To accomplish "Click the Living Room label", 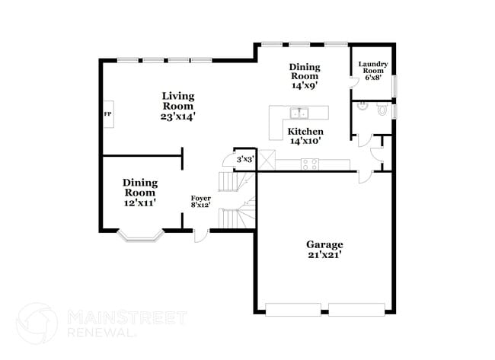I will click(x=177, y=107).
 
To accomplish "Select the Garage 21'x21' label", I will click(x=324, y=250).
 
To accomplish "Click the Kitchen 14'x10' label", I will click(x=305, y=135).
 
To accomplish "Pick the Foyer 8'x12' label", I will click(x=201, y=202).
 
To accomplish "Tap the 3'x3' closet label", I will click(x=245, y=159).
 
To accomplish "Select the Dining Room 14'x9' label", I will click(x=304, y=76).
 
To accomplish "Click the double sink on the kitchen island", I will click(x=299, y=115).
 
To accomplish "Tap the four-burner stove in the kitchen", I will click(x=310, y=163).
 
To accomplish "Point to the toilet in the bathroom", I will click(x=382, y=111).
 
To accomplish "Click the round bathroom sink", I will click(x=363, y=110).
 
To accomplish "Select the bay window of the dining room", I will click(x=139, y=236).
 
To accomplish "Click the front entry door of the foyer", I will click(x=200, y=235).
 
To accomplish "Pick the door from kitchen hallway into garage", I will click(x=365, y=177).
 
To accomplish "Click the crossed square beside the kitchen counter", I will click(x=267, y=161).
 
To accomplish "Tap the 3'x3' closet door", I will click(x=227, y=160).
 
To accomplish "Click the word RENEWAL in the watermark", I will click(x=102, y=333).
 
